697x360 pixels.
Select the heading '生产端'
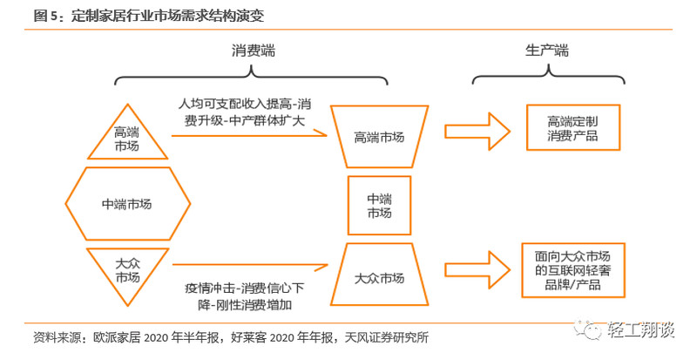(546, 51)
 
